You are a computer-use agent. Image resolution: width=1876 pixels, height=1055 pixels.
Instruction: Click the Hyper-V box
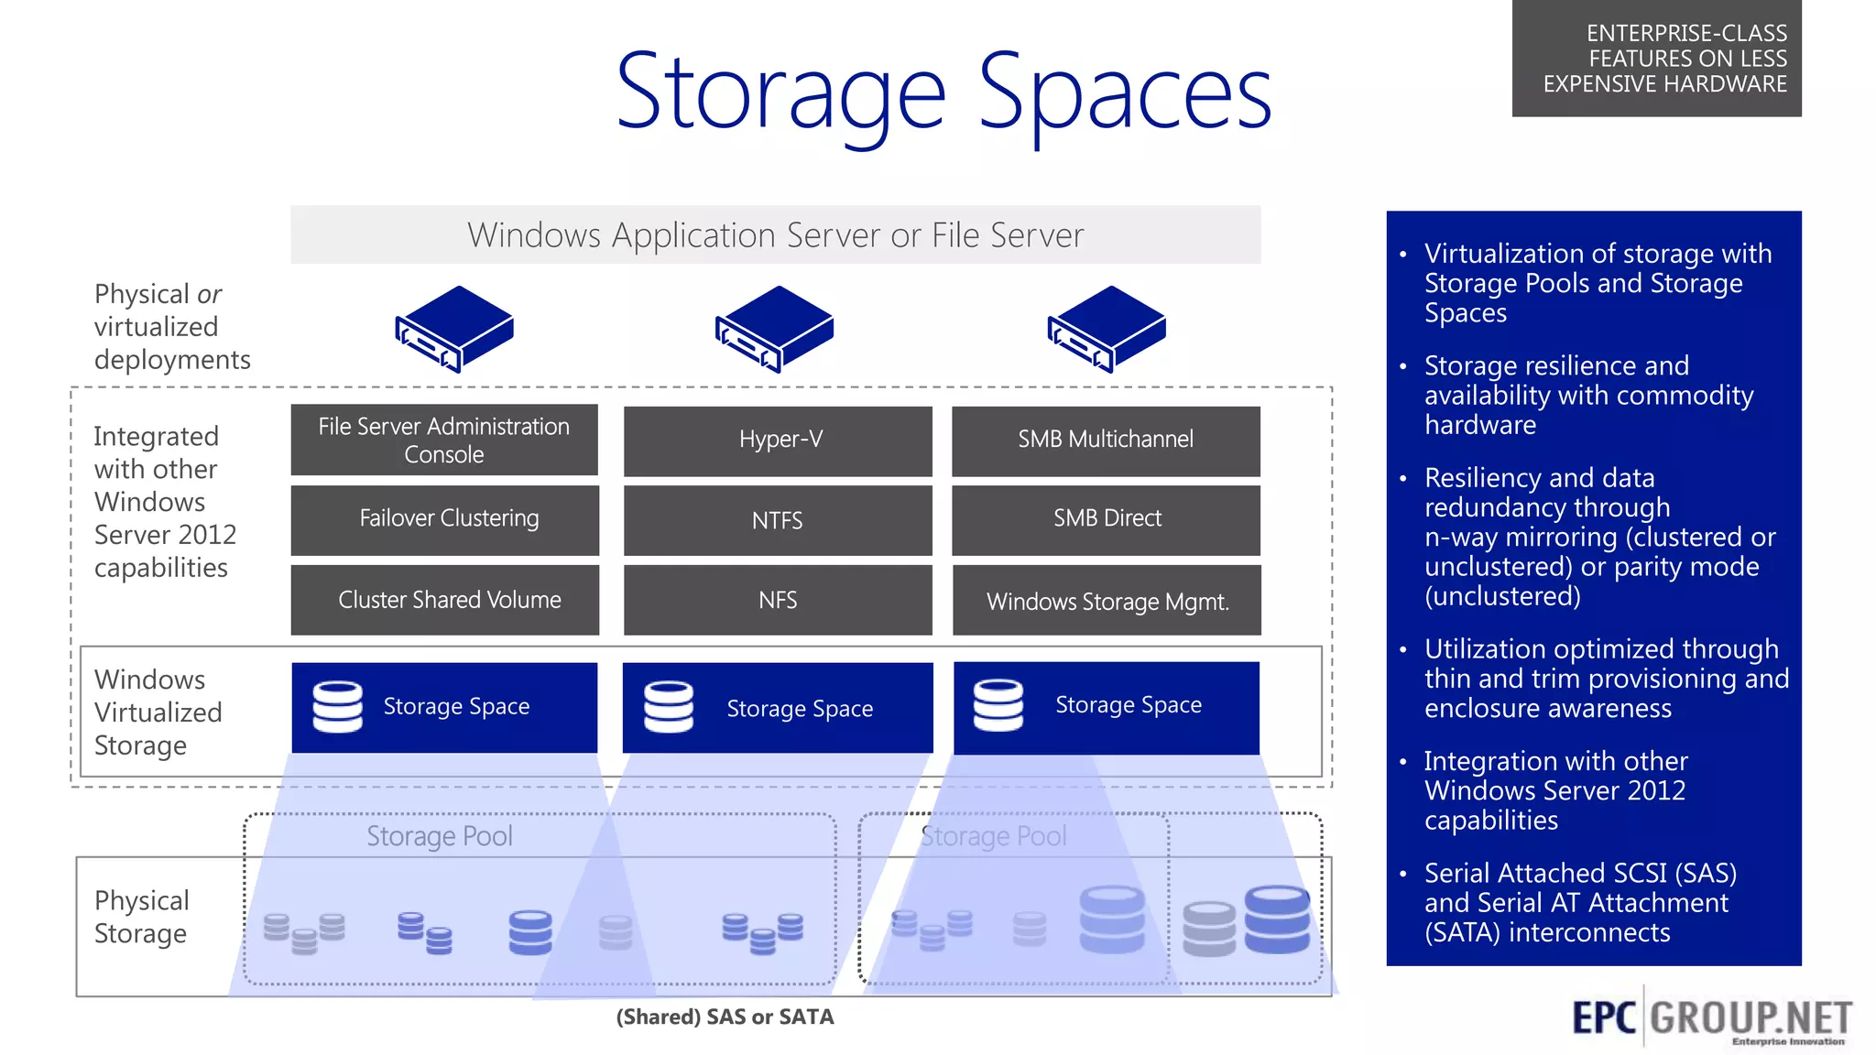coord(778,440)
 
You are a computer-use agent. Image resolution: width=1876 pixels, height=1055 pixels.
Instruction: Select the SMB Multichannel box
coord(1106,440)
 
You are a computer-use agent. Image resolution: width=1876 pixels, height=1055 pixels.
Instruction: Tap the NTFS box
coord(778,520)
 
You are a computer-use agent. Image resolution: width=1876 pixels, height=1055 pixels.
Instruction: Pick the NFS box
coord(778,600)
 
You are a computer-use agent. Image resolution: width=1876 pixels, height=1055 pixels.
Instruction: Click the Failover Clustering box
coord(445,519)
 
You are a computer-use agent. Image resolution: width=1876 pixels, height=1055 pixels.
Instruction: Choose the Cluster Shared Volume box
coord(445,600)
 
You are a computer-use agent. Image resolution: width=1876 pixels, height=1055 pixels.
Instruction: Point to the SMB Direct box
coord(1106,519)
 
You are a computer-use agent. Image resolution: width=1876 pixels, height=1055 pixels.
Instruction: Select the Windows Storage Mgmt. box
coord(1107,601)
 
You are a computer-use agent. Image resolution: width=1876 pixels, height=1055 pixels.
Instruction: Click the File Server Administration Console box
coord(444,440)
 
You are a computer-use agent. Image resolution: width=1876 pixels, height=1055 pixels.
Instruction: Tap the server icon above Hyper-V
coord(775,329)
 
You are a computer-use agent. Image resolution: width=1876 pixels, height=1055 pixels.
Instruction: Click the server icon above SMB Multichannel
coord(1107,329)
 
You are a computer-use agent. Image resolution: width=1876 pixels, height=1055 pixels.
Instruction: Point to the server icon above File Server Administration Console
coord(454,329)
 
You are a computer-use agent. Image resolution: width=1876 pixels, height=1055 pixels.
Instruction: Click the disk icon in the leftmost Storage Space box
coord(338,706)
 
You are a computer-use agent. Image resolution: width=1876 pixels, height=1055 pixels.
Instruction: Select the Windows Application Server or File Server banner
coord(775,235)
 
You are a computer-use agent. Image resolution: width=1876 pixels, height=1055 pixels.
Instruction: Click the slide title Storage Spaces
coord(943,92)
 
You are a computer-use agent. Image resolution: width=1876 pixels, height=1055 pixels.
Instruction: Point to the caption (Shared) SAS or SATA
coord(725,1017)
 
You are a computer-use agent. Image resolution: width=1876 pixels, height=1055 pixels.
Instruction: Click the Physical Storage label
coord(142,917)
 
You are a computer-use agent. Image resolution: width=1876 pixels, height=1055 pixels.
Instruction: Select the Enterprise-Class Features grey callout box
coord(1656,59)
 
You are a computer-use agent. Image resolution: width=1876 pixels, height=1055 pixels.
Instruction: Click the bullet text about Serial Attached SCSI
coord(1579,902)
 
